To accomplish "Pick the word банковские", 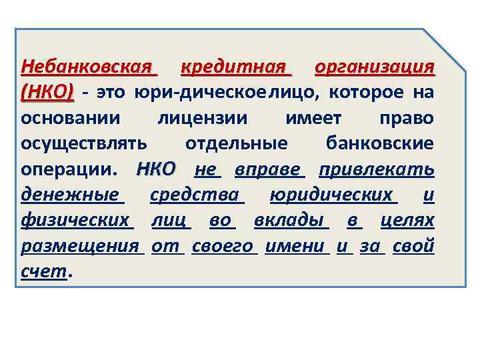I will (x=380, y=143).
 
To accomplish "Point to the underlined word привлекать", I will (x=377, y=169).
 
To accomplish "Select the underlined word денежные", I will (x=71, y=194).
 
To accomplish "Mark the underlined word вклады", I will (x=289, y=219).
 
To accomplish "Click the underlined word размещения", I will (x=81, y=245).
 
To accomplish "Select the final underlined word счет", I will (x=44, y=270).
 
